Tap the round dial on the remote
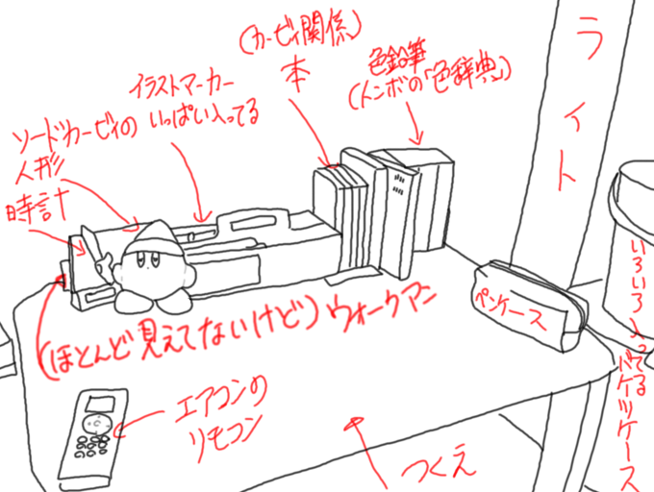tap(95, 420)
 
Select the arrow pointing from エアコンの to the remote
tap(139, 418)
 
